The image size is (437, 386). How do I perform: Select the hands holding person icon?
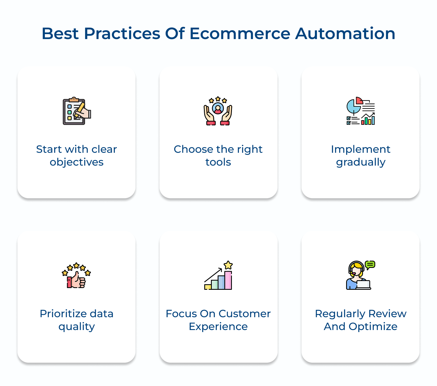pos(218,111)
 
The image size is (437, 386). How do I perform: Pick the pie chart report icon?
pos(360,111)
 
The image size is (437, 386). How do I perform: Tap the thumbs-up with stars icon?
pos(76,276)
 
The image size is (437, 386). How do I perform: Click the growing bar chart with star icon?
pos(218,276)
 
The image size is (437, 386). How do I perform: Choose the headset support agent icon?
pos(360,276)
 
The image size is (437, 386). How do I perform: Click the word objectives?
pos(77,162)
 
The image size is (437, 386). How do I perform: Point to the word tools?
pos(218,162)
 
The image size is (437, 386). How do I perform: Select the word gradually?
pos(361,162)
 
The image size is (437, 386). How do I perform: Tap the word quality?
pos(77,327)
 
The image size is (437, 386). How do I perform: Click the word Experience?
pos(218,327)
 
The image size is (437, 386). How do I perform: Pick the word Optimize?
pos(373,327)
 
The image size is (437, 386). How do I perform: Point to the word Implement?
pos(361,149)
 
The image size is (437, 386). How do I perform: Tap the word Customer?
pos(245,314)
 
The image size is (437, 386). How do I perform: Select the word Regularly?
pos(336,314)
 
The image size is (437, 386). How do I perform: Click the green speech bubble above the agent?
pos(370,265)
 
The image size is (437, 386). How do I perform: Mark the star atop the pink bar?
pos(228,265)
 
